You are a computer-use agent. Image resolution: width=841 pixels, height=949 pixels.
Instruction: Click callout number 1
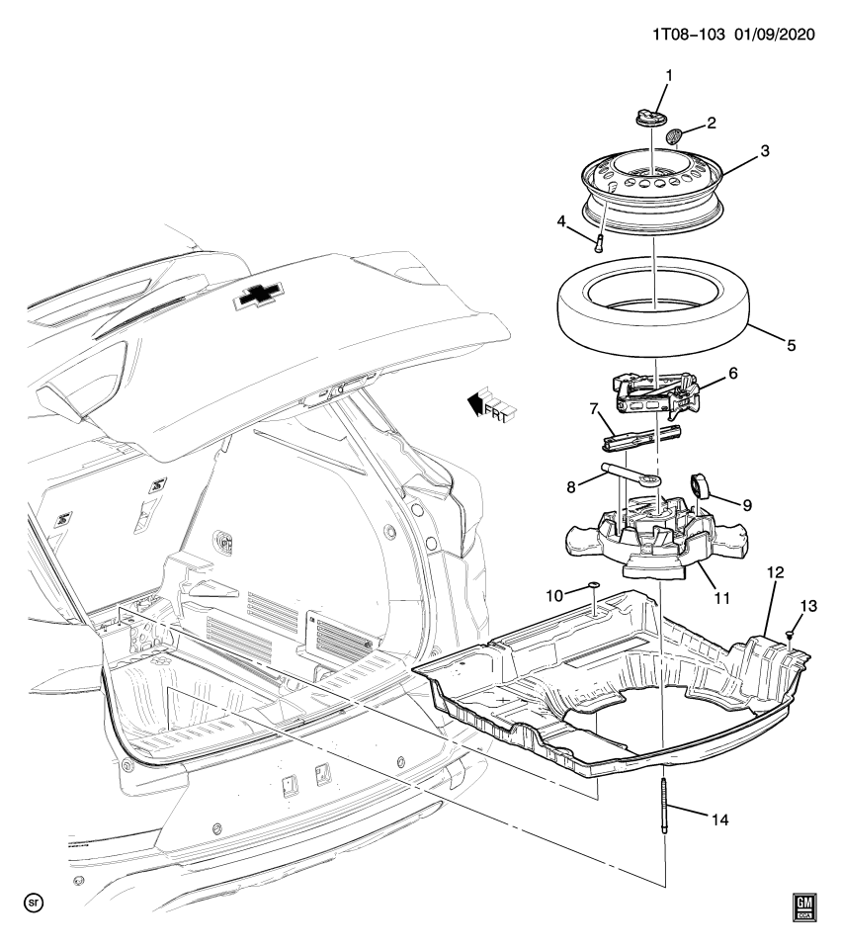(667, 76)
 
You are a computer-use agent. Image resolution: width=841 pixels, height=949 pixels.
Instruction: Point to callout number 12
(775, 573)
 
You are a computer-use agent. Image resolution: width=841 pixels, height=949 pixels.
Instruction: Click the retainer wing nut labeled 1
(650, 118)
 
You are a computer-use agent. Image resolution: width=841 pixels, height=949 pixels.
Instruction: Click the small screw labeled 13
(791, 635)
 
